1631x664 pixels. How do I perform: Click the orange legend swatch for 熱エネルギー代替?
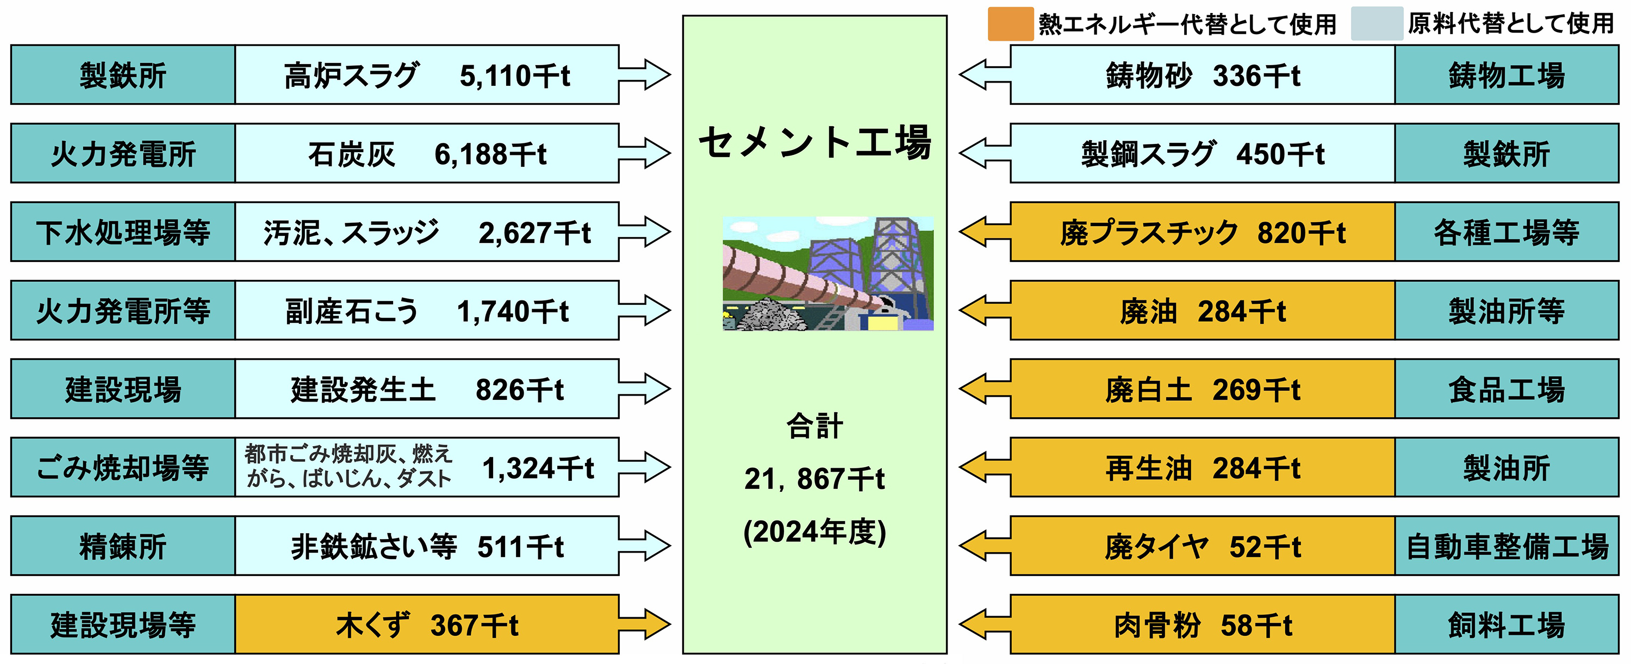[x=1011, y=24]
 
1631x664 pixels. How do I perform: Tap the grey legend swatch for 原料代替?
[x=1377, y=24]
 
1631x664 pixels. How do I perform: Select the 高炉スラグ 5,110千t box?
[x=426, y=74]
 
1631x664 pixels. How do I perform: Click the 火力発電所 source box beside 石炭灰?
[x=123, y=154]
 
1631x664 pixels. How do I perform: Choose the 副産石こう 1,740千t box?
[x=426, y=311]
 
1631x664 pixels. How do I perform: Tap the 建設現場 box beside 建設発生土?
[x=123, y=389]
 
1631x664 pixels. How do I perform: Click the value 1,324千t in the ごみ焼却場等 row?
[x=538, y=468]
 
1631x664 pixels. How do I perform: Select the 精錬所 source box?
[x=123, y=546]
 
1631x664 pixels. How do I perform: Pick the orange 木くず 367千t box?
[x=426, y=625]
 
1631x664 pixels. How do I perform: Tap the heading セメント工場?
[x=815, y=142]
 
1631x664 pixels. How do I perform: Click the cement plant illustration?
[x=827, y=273]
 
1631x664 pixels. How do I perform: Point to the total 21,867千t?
[x=814, y=479]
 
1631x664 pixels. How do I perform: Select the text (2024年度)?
[x=814, y=532]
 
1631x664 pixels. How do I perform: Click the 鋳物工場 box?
[x=1507, y=74]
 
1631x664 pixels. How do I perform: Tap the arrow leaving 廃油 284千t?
[x=984, y=311]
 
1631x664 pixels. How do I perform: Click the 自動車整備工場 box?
[x=1507, y=546]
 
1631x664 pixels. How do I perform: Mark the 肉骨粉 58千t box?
[x=1203, y=625]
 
